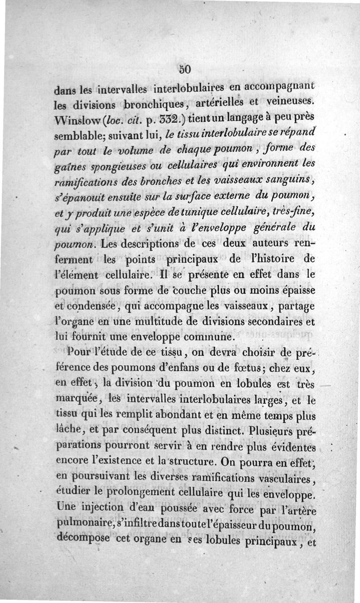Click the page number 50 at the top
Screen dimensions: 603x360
point(184,69)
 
